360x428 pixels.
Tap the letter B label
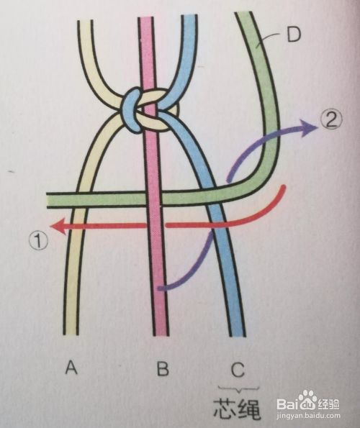[x=163, y=368]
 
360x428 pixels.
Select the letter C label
[x=238, y=369]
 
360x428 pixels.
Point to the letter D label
[x=294, y=35]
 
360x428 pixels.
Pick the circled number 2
[x=330, y=120]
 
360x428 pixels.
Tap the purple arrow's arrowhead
[x=307, y=127]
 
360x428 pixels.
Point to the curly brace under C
[x=238, y=389]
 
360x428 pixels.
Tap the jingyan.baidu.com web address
[x=308, y=416]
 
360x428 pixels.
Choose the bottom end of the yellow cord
[x=71, y=334]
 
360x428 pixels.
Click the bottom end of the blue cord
[x=238, y=335]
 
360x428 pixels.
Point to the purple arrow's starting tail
[x=161, y=288]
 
